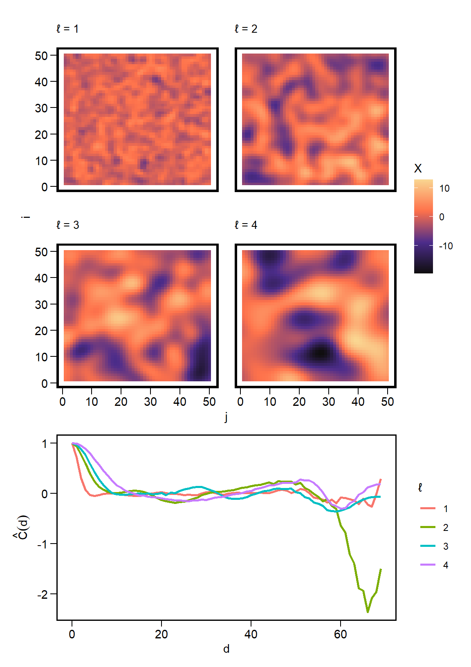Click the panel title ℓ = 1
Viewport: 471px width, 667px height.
[67, 29]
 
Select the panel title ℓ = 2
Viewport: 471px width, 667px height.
[246, 29]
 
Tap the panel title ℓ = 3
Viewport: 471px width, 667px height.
[67, 225]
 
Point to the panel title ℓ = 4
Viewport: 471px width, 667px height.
[246, 225]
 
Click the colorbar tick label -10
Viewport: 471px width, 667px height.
[446, 246]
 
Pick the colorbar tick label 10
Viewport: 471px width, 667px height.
[444, 188]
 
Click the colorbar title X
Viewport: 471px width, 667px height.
[418, 168]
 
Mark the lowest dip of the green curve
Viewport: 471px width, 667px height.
[368, 611]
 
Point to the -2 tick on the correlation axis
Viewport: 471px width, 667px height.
[43, 594]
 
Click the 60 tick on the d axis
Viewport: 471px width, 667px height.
[340, 634]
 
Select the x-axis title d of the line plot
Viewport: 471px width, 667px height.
[226, 649]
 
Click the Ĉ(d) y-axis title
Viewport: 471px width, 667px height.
[23, 527]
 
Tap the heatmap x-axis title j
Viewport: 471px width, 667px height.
[226, 417]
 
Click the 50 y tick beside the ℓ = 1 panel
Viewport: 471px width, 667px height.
[41, 56]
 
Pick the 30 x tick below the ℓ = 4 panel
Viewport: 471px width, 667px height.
[329, 402]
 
